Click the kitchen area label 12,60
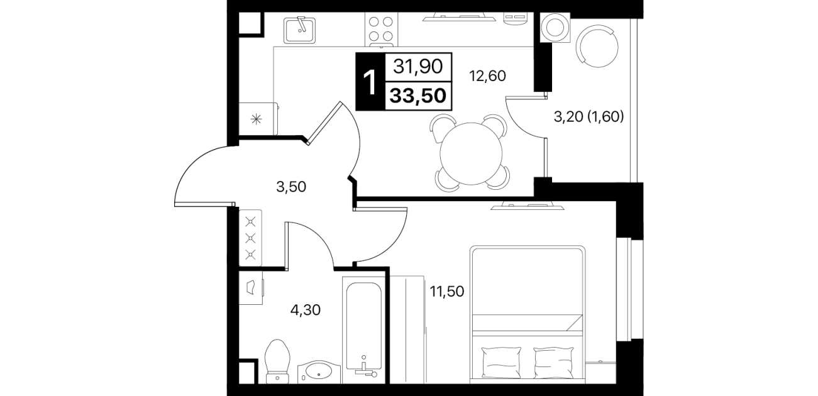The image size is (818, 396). pos(487,76)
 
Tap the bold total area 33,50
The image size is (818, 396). pos(417,96)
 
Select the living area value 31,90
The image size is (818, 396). pos(417,67)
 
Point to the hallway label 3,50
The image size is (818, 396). pos(291,187)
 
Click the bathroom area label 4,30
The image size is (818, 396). pos(306,311)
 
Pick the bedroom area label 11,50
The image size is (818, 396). pos(447,292)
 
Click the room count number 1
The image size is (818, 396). pos(370,83)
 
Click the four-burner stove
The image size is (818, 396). pos(381,29)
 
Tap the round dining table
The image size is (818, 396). pos(471,153)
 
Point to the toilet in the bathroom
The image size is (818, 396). pos(278,362)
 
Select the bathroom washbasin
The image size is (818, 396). pos(319,372)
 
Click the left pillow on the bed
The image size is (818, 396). pos(501,362)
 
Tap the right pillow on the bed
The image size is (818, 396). pos(553,362)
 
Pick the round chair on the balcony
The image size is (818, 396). pos(597,46)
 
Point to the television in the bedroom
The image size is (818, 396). pos(528,206)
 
